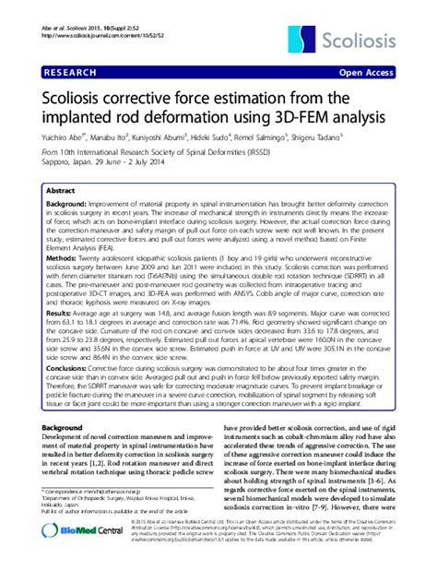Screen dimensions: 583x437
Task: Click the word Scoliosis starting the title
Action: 73,93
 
